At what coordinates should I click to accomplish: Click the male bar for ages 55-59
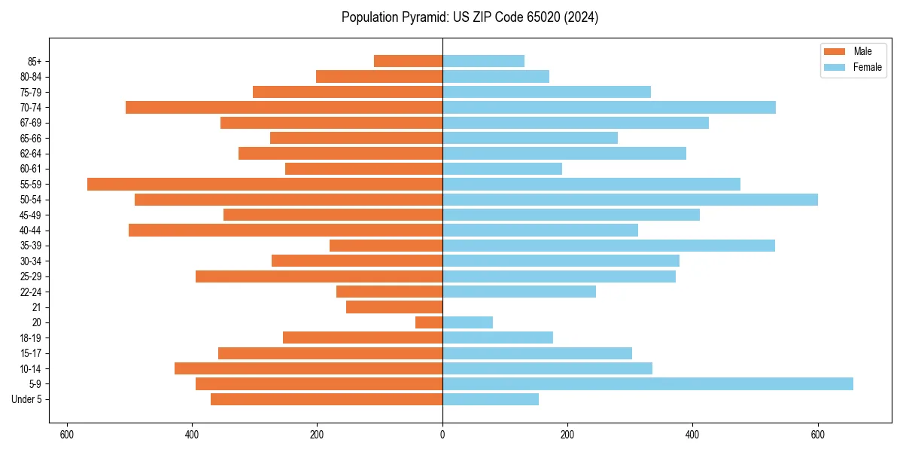(x=265, y=184)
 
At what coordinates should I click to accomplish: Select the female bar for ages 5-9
(x=648, y=383)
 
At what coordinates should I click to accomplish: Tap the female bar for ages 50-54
(x=630, y=200)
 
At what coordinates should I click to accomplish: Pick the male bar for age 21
(x=394, y=307)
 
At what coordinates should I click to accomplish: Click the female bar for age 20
(x=467, y=322)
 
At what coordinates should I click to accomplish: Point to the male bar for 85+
(x=408, y=61)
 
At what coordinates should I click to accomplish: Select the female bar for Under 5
(x=491, y=399)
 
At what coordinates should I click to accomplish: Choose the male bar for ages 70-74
(x=284, y=107)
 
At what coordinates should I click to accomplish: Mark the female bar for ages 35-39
(x=609, y=246)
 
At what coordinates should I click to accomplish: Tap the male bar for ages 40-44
(x=285, y=230)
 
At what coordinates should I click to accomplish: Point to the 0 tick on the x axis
(x=442, y=435)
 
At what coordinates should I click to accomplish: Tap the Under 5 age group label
(x=27, y=399)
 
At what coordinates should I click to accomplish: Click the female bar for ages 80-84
(x=496, y=76)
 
